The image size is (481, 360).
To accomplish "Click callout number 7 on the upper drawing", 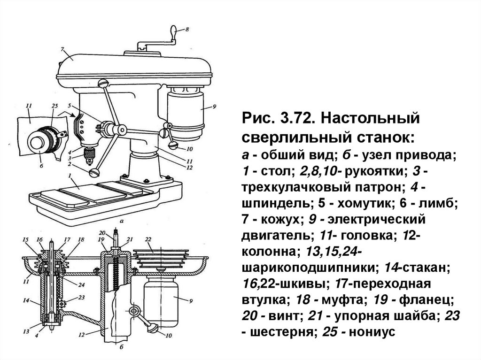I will [62, 49].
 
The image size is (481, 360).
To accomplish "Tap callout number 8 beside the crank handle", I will [187, 30].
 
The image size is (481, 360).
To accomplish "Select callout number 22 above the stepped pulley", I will [148, 239].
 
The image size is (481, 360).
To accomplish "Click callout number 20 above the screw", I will [102, 233].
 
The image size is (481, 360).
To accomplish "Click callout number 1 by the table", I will [70, 176].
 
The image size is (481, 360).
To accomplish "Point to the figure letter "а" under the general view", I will [122, 220].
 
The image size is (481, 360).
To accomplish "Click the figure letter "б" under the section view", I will [122, 348].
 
